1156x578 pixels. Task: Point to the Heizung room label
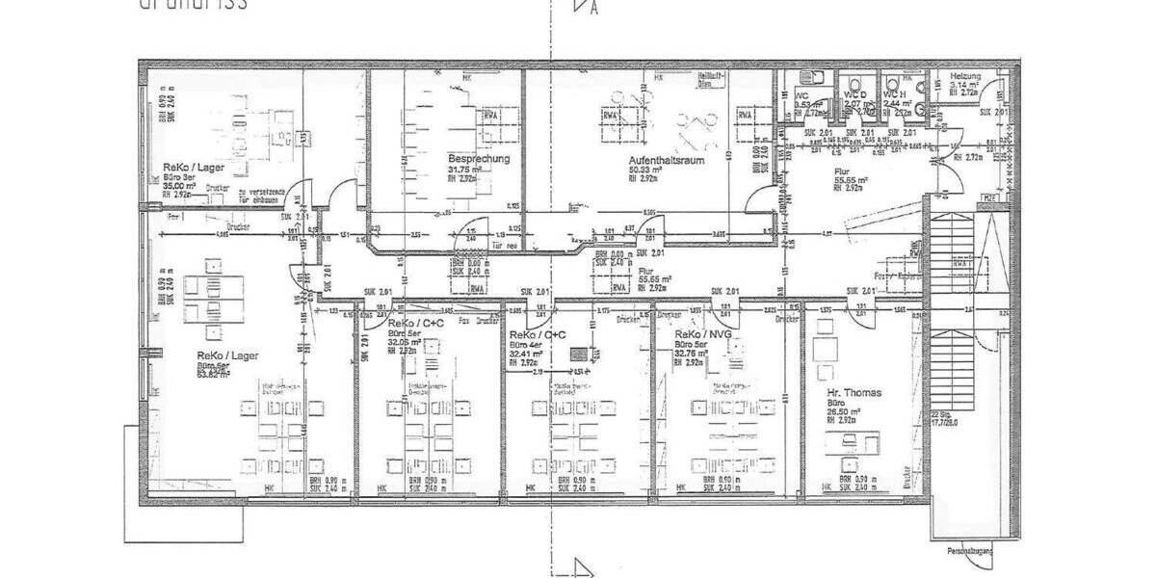[965, 76]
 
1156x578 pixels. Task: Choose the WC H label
[895, 94]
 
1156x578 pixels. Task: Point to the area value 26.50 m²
[844, 411]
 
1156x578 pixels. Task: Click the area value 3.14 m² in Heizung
[964, 85]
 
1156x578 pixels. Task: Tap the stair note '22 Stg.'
[937, 415]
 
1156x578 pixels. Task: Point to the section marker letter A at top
[594, 10]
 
